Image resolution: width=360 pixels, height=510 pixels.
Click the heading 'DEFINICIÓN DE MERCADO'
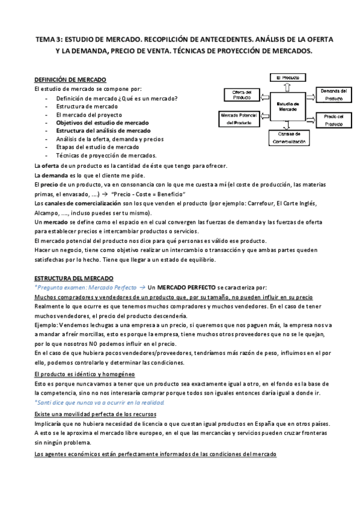(70, 80)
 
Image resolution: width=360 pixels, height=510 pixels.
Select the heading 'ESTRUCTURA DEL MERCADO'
(73, 279)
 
